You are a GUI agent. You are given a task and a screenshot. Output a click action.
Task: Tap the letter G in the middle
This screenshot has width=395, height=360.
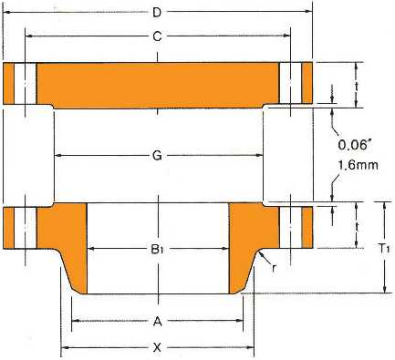coord(157,156)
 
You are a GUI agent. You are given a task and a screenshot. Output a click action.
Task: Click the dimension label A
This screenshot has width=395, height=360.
coord(157,321)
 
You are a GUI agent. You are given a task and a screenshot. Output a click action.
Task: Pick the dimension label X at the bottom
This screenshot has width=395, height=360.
coord(157,347)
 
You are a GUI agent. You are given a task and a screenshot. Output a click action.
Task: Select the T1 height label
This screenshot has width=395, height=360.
coord(384,248)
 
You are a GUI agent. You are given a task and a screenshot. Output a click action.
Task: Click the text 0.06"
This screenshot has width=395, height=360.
coord(353,144)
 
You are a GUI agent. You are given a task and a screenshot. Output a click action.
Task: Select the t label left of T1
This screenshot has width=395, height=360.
coord(357,226)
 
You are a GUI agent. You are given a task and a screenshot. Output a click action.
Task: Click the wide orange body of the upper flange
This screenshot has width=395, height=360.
coord(157,82)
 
